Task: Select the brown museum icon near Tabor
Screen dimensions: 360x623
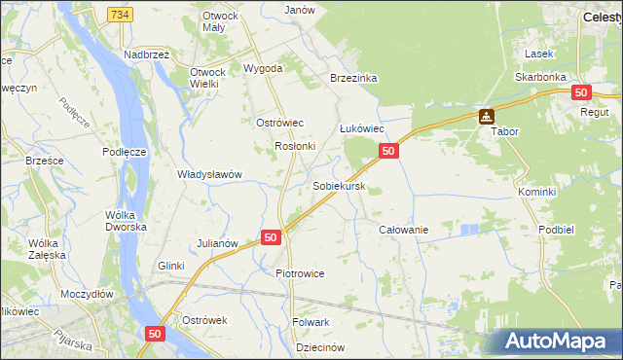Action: tap(486, 117)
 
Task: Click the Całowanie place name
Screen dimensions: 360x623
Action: tap(403, 229)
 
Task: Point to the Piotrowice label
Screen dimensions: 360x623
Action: tap(300, 273)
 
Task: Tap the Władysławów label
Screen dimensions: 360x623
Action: tap(209, 174)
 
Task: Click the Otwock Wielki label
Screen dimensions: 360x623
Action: tap(207, 78)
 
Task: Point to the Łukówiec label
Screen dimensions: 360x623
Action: tap(362, 128)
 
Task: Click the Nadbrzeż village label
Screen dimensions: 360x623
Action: tap(147, 55)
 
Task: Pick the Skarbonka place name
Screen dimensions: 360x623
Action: tap(541, 76)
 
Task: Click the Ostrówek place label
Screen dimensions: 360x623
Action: tap(204, 319)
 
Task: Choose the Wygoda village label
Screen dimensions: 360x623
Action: tap(263, 68)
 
